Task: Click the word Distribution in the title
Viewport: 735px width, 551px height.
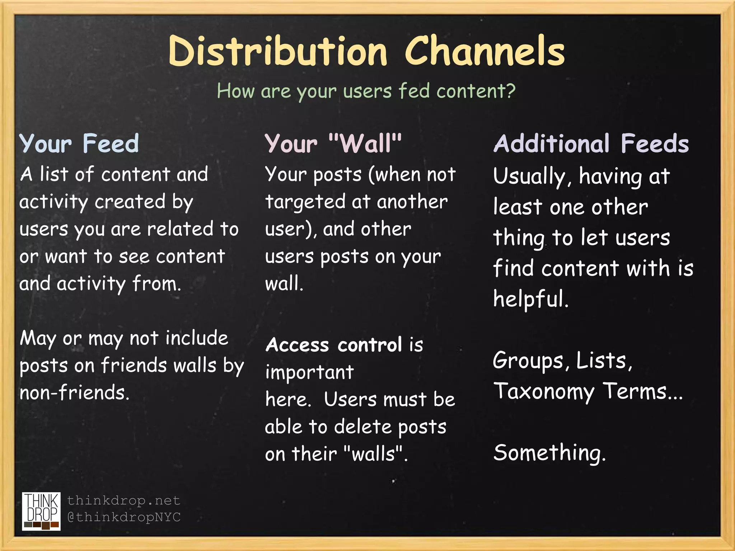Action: pos(278,51)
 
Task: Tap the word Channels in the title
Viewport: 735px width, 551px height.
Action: pos(485,51)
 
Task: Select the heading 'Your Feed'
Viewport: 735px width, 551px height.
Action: pos(79,143)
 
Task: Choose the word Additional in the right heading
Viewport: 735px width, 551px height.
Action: pos(551,143)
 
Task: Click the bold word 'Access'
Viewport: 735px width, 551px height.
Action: pos(297,345)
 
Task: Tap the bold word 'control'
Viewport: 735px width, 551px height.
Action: pos(370,345)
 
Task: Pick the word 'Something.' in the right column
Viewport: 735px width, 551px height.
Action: pos(549,453)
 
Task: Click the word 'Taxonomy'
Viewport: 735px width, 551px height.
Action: pos(544,392)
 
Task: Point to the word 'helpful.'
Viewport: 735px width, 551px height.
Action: pos(531,299)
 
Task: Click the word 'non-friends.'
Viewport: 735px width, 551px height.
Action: pos(74,392)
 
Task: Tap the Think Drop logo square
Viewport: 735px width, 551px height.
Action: pos(41,511)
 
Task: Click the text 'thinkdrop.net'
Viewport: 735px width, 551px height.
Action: pos(123,500)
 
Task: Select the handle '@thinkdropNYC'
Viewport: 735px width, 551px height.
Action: pos(124,517)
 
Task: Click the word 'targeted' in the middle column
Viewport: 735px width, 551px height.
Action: pos(305,202)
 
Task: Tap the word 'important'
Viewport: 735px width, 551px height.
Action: pos(309,372)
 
